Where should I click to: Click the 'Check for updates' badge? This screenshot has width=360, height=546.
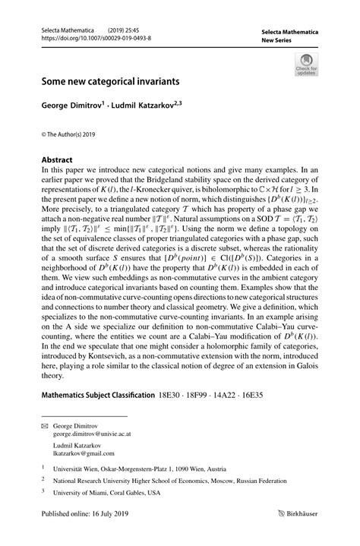pos(307,65)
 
